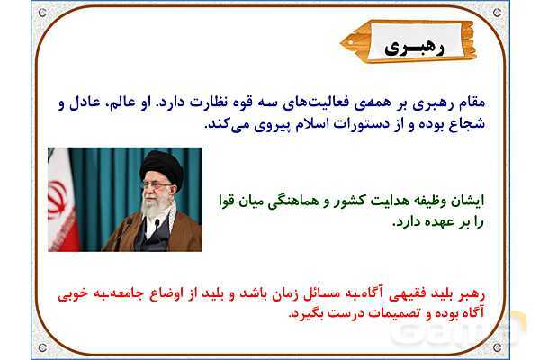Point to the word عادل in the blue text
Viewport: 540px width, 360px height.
point(89,104)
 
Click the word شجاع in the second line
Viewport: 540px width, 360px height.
point(486,124)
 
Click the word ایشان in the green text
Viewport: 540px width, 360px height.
point(466,198)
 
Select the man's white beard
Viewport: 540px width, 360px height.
point(160,209)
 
